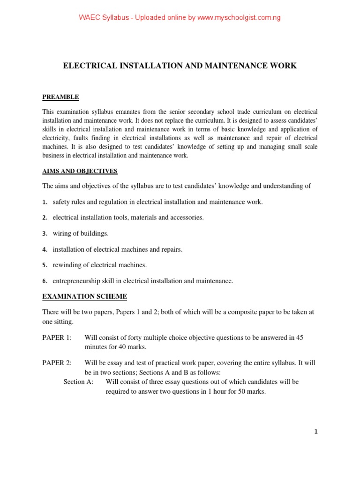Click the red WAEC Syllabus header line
(180, 18)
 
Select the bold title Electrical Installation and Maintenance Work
(180, 66)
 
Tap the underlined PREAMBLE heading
(60, 97)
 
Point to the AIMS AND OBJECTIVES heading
(80, 171)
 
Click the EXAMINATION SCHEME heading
(84, 297)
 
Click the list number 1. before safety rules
(45, 202)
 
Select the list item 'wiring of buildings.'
(81, 233)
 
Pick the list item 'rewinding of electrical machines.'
(99, 265)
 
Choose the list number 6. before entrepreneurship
(45, 281)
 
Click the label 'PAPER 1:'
(57, 337)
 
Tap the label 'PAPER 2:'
(57, 363)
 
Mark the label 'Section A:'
(78, 382)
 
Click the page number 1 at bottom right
(316, 432)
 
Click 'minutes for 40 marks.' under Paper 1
(116, 347)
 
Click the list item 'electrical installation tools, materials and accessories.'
(128, 217)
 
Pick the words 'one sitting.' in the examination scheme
(58, 322)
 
